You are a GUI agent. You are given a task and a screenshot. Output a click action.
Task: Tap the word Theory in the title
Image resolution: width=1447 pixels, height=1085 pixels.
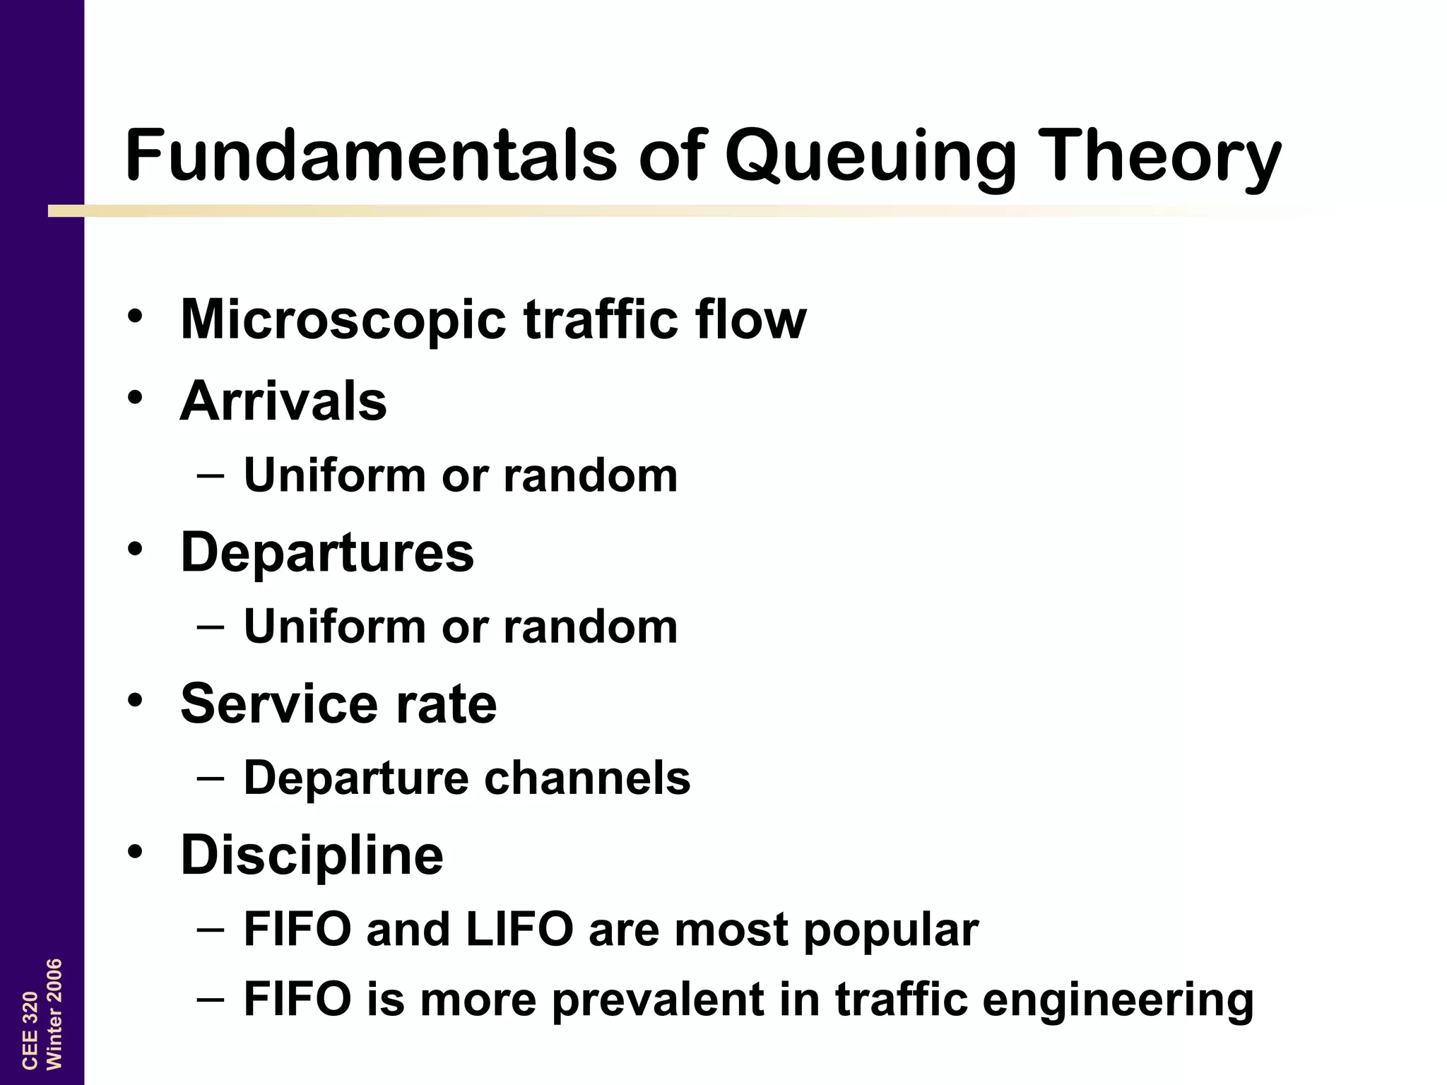coord(1162,157)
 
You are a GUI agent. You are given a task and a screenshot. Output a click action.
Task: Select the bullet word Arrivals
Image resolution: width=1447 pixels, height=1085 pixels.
coord(283,401)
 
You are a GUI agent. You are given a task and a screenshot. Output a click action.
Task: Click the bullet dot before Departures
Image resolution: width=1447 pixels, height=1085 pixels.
coord(136,548)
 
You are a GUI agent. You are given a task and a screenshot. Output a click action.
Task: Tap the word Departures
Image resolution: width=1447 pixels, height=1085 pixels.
coord(327,552)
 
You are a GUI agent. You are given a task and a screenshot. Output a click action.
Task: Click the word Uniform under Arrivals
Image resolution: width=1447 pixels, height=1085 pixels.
coord(334,475)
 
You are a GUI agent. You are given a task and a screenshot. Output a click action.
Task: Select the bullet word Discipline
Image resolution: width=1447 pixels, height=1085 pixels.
coord(312,855)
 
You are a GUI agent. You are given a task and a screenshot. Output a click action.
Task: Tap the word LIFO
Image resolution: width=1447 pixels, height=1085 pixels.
coord(519,929)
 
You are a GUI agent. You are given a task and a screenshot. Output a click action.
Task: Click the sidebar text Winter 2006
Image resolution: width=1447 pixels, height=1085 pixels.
coord(54,1014)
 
